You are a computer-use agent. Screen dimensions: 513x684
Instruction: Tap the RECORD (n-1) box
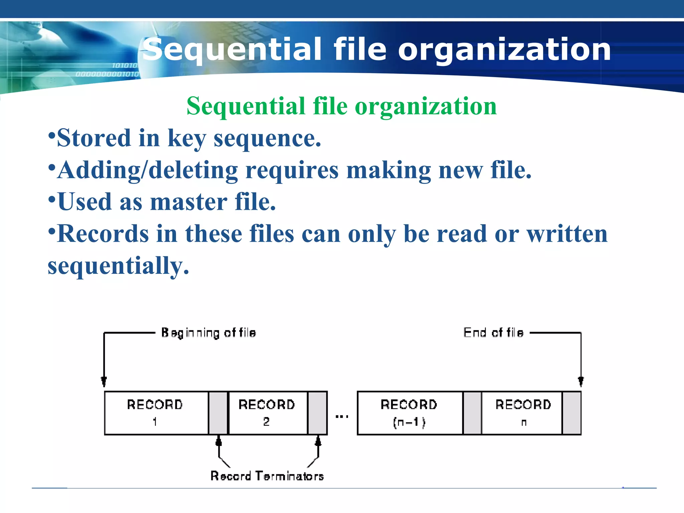pos(410,413)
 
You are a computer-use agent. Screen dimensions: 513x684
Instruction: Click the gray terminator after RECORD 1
pos(218,413)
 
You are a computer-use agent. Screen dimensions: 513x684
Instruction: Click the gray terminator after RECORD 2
pos(317,413)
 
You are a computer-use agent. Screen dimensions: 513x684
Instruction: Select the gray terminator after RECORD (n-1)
pos(472,413)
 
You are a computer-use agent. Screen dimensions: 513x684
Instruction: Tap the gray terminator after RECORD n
pos(571,413)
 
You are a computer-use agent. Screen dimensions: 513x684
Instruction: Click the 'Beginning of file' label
pos(208,333)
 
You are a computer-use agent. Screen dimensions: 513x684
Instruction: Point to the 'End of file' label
pos(493,333)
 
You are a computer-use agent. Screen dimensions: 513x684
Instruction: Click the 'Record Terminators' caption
pos(267,476)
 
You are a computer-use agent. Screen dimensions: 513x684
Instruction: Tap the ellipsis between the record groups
pos(342,416)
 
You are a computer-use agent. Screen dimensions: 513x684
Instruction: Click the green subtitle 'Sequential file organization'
pos(341,106)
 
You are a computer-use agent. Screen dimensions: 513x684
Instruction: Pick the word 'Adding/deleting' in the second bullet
pos(147,170)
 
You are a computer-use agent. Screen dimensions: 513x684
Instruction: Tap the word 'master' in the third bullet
pos(189,202)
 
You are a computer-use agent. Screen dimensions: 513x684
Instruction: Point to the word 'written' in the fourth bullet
pos(567,234)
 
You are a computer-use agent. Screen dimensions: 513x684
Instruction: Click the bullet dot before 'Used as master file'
pos(51,199)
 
